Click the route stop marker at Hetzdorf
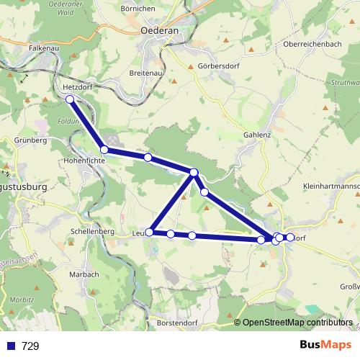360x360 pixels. pyautogui.click(x=70, y=99)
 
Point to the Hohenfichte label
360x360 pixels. pyautogui.click(x=86, y=161)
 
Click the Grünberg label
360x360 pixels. pyautogui.click(x=30, y=140)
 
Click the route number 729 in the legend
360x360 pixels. pyautogui.click(x=30, y=346)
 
